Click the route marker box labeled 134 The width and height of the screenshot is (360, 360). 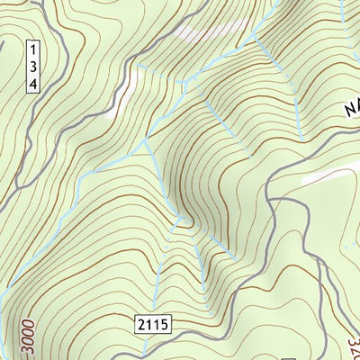point(33,66)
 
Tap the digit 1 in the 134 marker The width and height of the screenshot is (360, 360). point(33,49)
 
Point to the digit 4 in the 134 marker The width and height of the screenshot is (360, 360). point(33,83)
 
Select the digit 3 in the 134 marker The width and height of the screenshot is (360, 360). point(33,66)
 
